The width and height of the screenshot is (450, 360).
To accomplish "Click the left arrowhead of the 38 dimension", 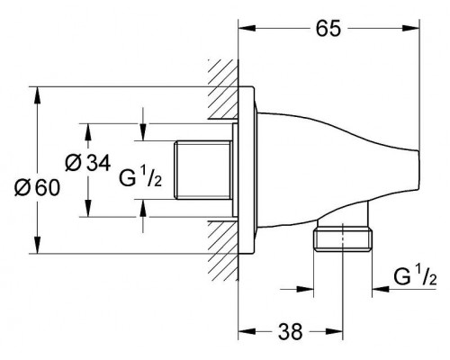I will click(x=243, y=330).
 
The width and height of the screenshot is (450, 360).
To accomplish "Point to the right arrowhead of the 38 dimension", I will click(x=343, y=330).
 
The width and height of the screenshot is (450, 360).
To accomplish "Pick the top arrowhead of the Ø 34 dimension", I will click(x=85, y=128).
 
